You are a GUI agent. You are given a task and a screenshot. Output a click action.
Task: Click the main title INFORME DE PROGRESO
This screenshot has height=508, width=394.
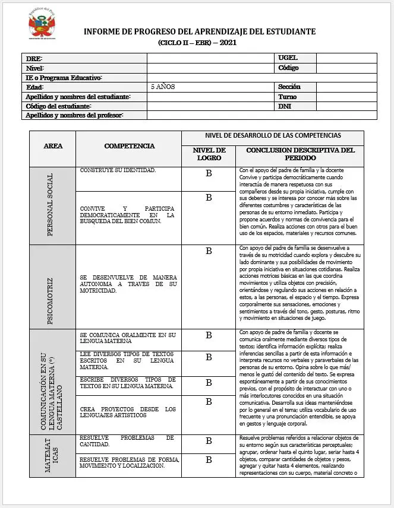click(199, 31)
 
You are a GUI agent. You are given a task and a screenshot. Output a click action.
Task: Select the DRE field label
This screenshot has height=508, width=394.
click(34, 58)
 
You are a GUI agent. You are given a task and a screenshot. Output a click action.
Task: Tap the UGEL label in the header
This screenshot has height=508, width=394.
click(288, 58)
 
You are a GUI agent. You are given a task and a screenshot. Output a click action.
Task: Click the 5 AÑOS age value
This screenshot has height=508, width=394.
click(163, 87)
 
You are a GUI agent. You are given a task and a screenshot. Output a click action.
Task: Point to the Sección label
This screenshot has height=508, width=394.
click(289, 87)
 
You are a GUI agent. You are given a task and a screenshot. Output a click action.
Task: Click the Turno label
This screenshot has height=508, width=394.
click(288, 97)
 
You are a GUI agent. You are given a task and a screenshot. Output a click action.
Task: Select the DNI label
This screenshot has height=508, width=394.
click(285, 106)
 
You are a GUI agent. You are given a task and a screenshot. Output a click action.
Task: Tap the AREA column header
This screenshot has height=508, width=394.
click(53, 145)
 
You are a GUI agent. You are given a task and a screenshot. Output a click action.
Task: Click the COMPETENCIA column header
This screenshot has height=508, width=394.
click(130, 145)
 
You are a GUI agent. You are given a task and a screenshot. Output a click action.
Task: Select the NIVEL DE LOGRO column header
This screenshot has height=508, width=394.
click(209, 154)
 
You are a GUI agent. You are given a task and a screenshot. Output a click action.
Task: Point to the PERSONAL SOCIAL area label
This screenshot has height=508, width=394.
click(51, 205)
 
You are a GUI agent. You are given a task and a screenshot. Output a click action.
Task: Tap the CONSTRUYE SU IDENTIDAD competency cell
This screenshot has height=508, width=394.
click(118, 171)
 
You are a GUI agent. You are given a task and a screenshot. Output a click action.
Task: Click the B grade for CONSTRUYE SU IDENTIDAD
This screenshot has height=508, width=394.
click(209, 174)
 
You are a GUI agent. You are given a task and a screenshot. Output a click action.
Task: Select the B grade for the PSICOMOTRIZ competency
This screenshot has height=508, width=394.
click(209, 251)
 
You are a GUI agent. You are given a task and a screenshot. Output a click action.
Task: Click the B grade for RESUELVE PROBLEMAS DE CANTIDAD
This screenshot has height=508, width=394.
click(209, 441)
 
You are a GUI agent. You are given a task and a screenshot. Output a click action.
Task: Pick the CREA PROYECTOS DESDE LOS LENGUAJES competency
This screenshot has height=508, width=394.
click(128, 412)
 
